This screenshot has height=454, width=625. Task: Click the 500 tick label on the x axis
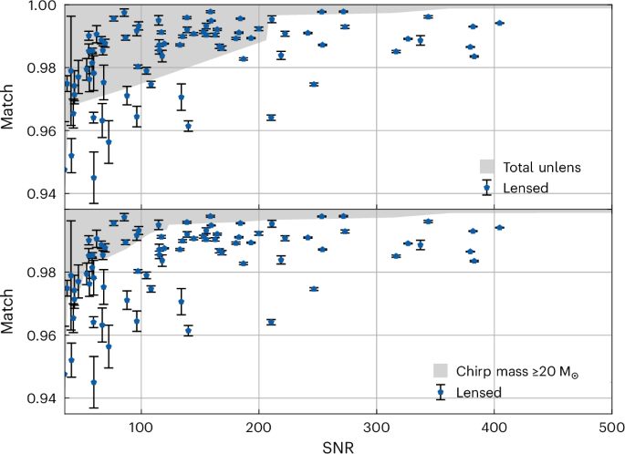click(x=611, y=427)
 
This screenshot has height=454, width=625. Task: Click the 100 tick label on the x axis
click(x=140, y=427)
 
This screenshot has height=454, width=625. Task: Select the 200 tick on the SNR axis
click(x=257, y=427)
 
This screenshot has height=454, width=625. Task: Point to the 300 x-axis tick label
click(x=376, y=427)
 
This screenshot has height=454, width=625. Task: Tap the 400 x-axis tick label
click(x=494, y=427)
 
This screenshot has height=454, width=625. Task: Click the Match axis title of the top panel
click(x=10, y=108)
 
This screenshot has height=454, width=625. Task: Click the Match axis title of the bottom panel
click(x=10, y=314)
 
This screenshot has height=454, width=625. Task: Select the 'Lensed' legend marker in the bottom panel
click(x=441, y=392)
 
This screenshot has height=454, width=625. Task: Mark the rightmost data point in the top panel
click(x=498, y=23)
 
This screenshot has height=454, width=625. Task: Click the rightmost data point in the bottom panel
click(x=498, y=227)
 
